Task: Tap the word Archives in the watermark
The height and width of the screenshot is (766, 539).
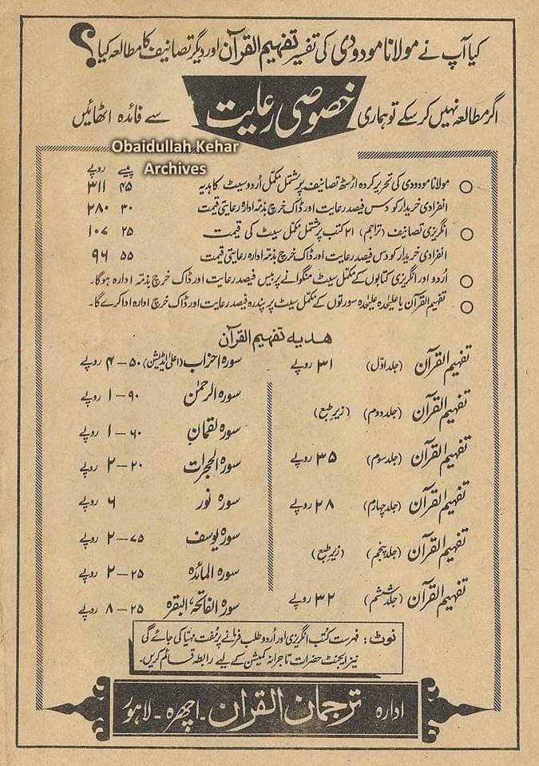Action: (x=176, y=168)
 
